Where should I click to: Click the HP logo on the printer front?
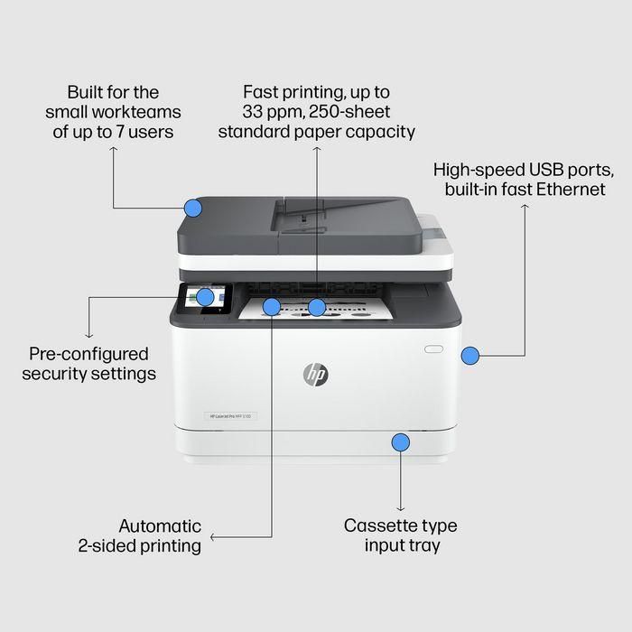(x=316, y=374)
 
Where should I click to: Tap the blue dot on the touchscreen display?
(x=205, y=296)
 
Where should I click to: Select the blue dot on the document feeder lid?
(x=192, y=209)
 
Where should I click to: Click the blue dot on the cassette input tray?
(x=400, y=442)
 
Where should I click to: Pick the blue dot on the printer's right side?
(x=469, y=356)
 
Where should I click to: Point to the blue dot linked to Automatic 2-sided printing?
(x=272, y=307)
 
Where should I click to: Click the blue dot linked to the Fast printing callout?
(x=316, y=307)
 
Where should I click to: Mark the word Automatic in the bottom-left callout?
(x=160, y=525)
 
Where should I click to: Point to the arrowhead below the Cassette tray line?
(x=400, y=508)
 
